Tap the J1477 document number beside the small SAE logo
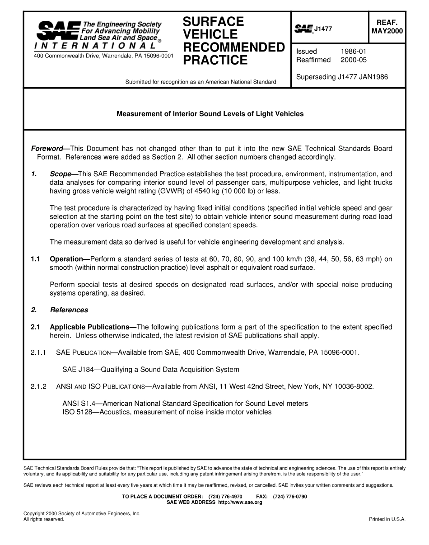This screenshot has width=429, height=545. tap(323, 29)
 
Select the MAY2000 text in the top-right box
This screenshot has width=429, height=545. tap(387, 31)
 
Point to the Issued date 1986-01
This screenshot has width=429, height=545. tap(353, 52)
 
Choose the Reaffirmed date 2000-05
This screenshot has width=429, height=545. tap(353, 60)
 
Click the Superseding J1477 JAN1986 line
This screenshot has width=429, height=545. tap(342, 77)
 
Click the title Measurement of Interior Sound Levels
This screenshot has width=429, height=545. tap(210, 114)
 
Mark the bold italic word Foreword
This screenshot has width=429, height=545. tap(47, 149)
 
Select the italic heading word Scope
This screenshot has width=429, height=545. tap(61, 174)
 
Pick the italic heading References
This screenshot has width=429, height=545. tap(69, 310)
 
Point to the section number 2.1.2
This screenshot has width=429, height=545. tap(39, 386)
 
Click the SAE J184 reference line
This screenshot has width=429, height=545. tap(150, 369)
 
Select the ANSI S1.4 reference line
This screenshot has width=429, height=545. tap(185, 403)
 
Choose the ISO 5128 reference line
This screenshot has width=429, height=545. tap(167, 412)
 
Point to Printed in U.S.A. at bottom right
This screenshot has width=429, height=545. tap(387, 519)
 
